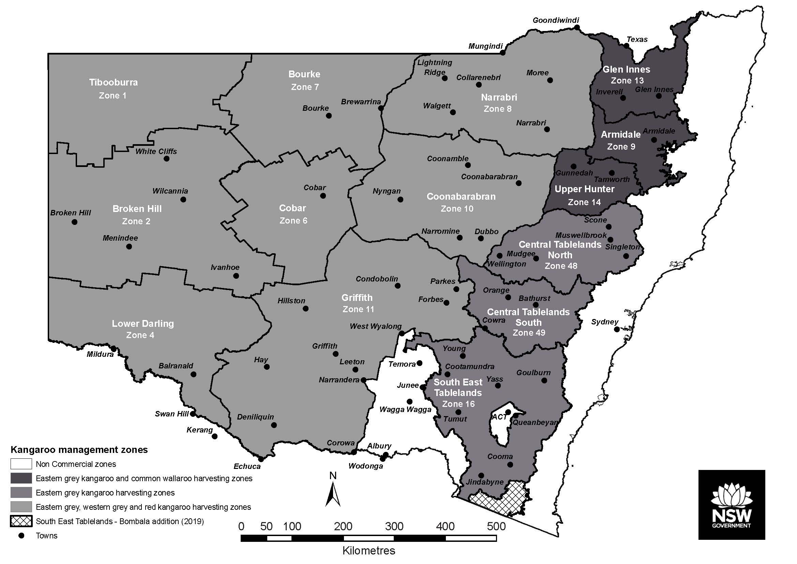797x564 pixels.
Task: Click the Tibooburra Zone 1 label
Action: (x=113, y=89)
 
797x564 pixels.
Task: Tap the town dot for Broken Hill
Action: (x=74, y=222)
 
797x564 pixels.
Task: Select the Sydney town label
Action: (x=604, y=322)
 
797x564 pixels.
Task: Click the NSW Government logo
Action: (x=732, y=505)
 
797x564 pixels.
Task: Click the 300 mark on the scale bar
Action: (x=394, y=527)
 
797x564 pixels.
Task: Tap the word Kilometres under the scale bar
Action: (x=369, y=551)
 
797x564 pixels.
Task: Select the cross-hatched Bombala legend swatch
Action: (x=21, y=521)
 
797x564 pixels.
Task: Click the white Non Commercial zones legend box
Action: (x=21, y=464)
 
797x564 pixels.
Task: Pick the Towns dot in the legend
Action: (x=21, y=535)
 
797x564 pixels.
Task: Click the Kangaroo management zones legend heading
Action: (x=79, y=450)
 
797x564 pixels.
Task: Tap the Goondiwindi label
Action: (x=556, y=20)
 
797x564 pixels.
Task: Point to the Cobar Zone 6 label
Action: (x=293, y=214)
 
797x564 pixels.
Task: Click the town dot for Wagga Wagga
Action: (x=410, y=401)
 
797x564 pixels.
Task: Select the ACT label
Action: (x=499, y=417)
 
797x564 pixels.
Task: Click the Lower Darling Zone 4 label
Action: (x=142, y=329)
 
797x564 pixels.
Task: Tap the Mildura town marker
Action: (x=113, y=348)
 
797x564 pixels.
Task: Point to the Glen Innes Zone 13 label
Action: (x=627, y=75)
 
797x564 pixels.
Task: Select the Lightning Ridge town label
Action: (x=435, y=67)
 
